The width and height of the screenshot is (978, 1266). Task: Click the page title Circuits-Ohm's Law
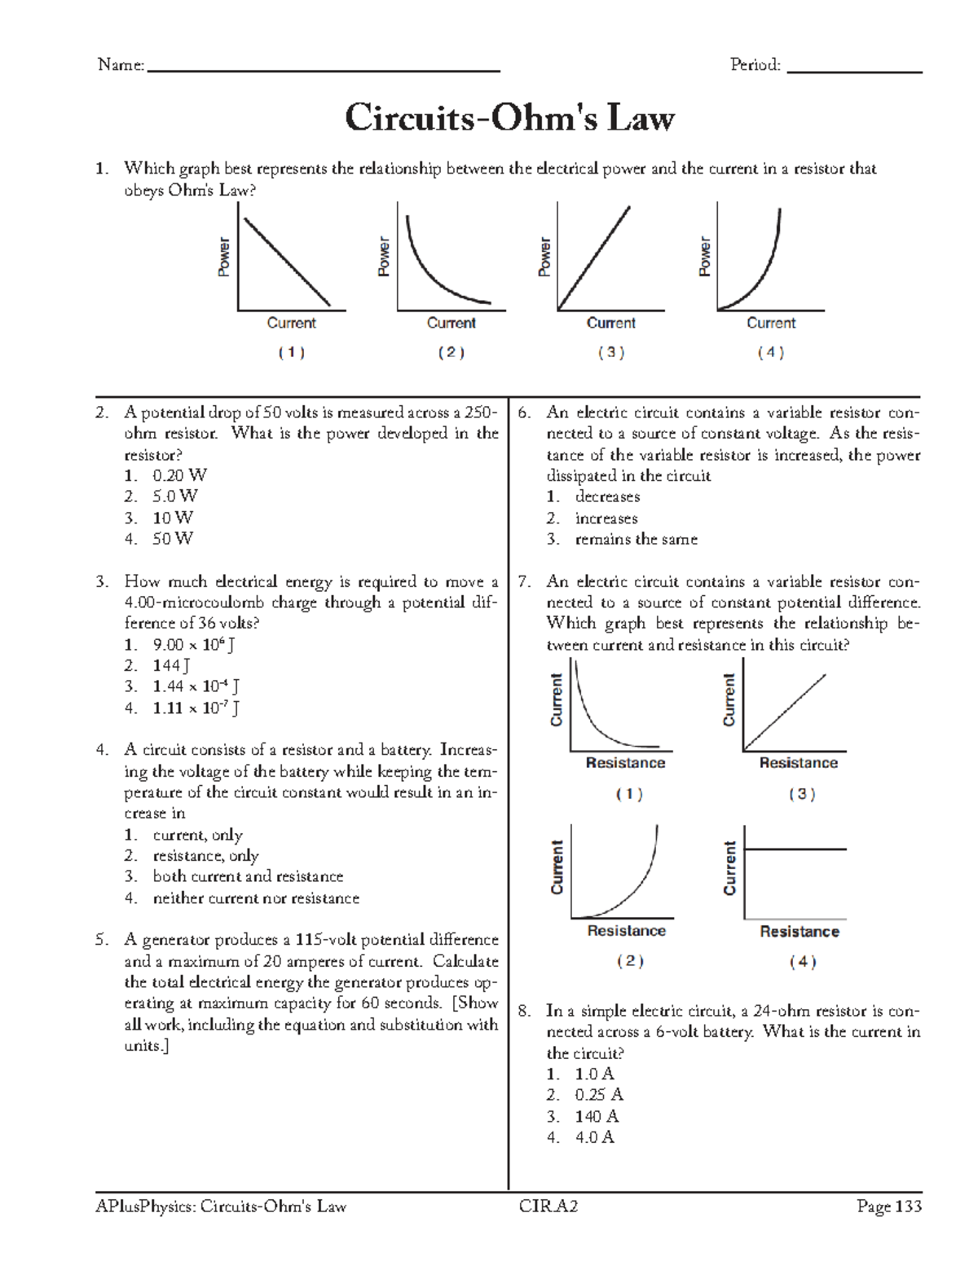click(x=509, y=118)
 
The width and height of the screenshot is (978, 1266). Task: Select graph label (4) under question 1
click(x=770, y=352)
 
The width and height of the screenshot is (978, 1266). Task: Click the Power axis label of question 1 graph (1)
click(x=223, y=257)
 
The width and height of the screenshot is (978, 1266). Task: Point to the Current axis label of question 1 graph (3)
click(x=610, y=323)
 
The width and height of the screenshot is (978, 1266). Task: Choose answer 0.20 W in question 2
click(x=179, y=475)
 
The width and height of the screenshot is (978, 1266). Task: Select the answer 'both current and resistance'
click(x=248, y=876)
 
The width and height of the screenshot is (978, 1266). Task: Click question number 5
click(x=102, y=940)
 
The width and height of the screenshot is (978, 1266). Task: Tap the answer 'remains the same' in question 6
click(x=636, y=539)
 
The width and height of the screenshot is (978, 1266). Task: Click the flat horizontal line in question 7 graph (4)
click(x=795, y=849)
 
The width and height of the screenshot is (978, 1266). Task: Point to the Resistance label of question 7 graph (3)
click(x=798, y=763)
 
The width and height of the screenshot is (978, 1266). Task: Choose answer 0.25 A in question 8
click(x=598, y=1095)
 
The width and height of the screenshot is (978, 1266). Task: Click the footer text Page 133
click(x=888, y=1206)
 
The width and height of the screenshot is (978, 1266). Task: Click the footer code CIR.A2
click(x=548, y=1206)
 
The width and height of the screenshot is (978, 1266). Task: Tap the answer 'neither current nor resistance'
click(x=256, y=898)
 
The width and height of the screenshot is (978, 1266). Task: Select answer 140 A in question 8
click(x=597, y=1116)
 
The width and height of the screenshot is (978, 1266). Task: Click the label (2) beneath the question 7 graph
click(x=629, y=961)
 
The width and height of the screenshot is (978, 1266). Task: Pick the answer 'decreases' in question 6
click(x=607, y=496)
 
